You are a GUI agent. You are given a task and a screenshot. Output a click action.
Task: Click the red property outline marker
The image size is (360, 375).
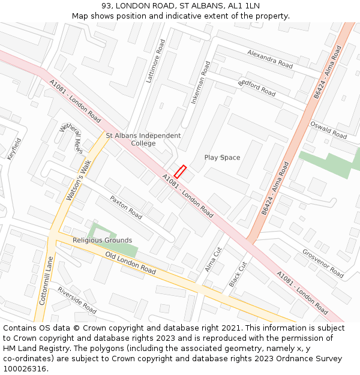click(180, 172)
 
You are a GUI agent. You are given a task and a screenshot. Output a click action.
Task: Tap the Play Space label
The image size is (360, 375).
click(222, 158)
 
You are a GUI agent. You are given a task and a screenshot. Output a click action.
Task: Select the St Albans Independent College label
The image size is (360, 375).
click(143, 139)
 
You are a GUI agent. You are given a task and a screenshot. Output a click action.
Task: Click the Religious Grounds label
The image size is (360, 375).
click(102, 240)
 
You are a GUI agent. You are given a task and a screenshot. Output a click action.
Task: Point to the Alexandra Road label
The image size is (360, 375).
click(269, 58)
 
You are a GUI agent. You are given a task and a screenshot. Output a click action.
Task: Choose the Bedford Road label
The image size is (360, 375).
click(257, 88)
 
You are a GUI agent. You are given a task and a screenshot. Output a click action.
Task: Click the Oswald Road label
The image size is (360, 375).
click(328, 130)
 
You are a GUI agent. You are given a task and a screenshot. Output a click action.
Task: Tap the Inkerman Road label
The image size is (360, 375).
click(201, 83)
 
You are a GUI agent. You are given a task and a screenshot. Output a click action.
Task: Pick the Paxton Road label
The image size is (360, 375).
click(126, 206)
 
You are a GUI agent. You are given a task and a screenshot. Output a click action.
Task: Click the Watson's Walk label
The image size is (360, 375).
click(78, 179)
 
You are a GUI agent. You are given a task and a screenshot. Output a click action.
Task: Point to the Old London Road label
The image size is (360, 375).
click(130, 263)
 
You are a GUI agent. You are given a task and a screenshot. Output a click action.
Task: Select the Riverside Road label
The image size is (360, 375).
click(77, 299)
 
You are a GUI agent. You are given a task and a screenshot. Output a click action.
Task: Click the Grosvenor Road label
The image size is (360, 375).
click(323, 263)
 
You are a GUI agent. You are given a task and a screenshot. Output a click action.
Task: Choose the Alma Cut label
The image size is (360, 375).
click(213, 259)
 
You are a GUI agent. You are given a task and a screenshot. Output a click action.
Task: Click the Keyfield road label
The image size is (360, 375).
click(14, 148)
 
